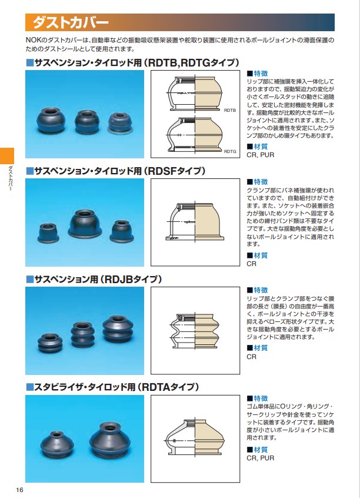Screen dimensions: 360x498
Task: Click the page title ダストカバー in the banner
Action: [x=71, y=22]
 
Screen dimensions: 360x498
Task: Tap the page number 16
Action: [x=19, y=490]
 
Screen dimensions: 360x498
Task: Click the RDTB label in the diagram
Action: [x=230, y=110]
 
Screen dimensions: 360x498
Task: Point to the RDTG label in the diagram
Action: [x=230, y=151]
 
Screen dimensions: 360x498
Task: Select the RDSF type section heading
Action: [x=115, y=171]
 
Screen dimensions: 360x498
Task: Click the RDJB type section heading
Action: [x=94, y=280]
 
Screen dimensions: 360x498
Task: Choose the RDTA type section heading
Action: [x=112, y=387]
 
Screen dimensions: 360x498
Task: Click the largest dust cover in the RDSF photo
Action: [x=85, y=224]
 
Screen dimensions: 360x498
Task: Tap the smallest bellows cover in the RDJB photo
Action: [x=50, y=343]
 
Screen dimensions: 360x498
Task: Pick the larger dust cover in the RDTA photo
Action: [x=110, y=439]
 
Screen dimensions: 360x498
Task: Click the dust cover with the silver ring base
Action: [x=120, y=123]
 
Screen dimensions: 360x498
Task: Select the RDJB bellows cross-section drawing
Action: [x=195, y=330]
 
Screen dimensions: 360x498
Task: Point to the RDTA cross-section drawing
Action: [x=195, y=439]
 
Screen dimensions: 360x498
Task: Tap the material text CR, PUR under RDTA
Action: [x=261, y=458]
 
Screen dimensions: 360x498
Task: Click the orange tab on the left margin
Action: [x=7, y=155]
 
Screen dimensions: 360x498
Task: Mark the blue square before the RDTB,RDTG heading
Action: [x=29, y=62]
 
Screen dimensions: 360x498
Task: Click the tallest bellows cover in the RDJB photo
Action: [x=118, y=329]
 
